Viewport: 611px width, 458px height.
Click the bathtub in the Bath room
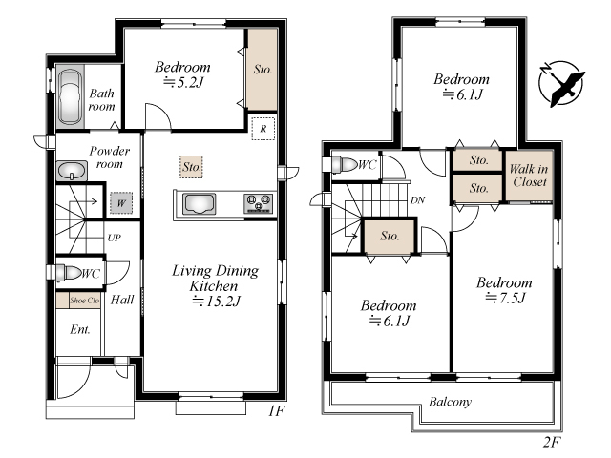tap(70, 97)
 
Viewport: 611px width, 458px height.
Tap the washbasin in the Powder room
tap(72, 171)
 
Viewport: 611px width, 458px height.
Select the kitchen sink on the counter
tap(200, 203)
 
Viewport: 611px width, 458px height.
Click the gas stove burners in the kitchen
tap(258, 203)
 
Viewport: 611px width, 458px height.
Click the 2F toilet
tap(343, 164)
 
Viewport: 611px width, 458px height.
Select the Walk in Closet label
tap(529, 176)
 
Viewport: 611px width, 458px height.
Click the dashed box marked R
tap(263, 128)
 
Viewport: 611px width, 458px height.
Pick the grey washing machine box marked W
tap(121, 203)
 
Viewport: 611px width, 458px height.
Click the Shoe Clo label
tap(85, 301)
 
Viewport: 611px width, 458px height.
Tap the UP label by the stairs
tap(115, 238)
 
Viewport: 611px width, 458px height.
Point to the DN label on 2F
tap(417, 200)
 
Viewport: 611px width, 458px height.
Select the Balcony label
tap(450, 402)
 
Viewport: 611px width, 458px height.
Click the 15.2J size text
tap(217, 302)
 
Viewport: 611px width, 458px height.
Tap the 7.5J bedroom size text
tap(505, 298)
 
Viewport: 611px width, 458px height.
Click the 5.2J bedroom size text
tap(183, 82)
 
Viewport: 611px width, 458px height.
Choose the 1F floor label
tap(276, 411)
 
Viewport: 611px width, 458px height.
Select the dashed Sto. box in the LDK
tap(191, 167)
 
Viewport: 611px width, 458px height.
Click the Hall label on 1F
tap(122, 300)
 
